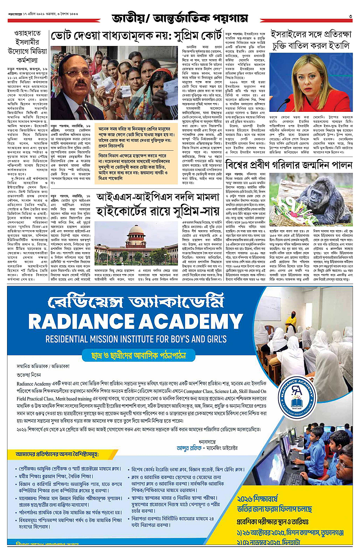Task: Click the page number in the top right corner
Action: [350, 17]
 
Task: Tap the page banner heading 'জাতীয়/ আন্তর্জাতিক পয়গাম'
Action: [179, 18]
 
